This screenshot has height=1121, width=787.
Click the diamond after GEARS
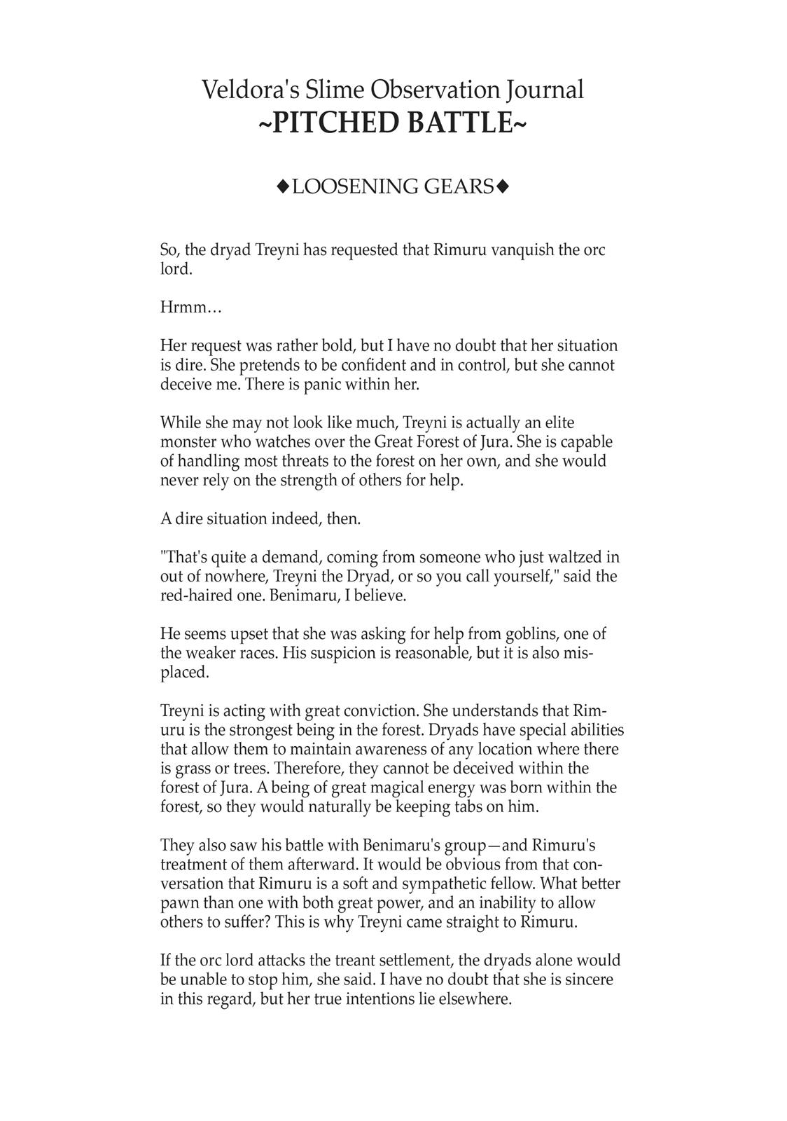point(502,186)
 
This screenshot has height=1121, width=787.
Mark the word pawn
point(179,902)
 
